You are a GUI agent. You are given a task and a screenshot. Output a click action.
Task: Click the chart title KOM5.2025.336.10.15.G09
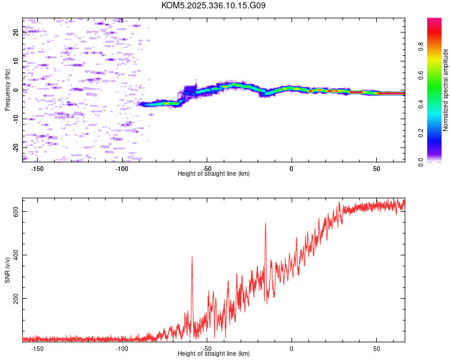[x=214, y=5]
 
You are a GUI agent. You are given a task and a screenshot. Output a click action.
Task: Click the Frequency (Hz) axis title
[x=7, y=90]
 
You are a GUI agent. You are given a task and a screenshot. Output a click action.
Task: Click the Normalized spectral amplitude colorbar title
[x=446, y=90]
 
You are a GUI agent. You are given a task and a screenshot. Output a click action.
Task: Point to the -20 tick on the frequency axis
[x=16, y=147]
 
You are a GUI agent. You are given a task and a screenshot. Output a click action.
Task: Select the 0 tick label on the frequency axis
[x=16, y=90]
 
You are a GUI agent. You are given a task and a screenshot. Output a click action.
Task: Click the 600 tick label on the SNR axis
[x=16, y=212]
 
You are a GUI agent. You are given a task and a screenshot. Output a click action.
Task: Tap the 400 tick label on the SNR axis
[x=16, y=255]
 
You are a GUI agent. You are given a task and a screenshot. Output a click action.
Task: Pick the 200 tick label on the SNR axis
[x=16, y=298]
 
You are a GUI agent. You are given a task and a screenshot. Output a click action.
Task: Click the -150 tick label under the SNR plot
[x=37, y=348]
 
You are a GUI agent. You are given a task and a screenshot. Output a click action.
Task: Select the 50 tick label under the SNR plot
[x=376, y=348]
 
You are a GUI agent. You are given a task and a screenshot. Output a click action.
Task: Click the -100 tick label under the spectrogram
[x=122, y=168]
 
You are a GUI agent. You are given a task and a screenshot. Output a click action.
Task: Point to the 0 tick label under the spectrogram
[x=292, y=168]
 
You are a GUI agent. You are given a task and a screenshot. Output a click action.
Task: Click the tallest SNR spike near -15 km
[x=265, y=223]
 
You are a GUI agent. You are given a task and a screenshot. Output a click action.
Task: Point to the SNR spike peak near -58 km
[x=192, y=257]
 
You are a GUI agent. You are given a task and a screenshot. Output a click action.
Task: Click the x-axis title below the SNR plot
[x=214, y=353]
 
